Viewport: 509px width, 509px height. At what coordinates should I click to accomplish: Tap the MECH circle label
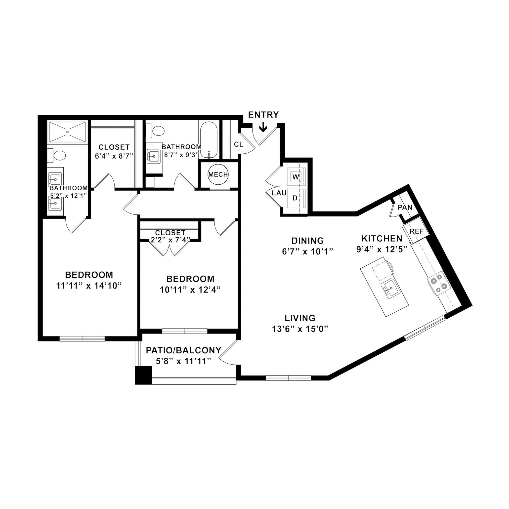point(218,174)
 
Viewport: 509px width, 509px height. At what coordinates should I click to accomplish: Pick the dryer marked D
point(295,198)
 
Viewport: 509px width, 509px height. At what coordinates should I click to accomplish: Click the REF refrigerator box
point(417,231)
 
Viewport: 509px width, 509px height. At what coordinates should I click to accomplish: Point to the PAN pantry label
point(405,207)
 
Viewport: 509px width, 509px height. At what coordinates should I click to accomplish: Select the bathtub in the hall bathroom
point(209,140)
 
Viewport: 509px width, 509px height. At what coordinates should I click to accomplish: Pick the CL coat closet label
point(239,144)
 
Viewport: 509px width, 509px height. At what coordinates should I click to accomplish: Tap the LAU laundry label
point(279,193)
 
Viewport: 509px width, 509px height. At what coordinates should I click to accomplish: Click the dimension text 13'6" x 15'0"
point(300,329)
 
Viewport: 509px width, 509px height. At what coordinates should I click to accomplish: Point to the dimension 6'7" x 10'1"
point(308,252)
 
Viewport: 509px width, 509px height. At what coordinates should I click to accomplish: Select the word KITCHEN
point(382,239)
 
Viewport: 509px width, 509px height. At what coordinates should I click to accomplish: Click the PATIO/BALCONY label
point(184,350)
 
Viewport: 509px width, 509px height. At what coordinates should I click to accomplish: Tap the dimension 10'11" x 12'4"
point(190,290)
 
